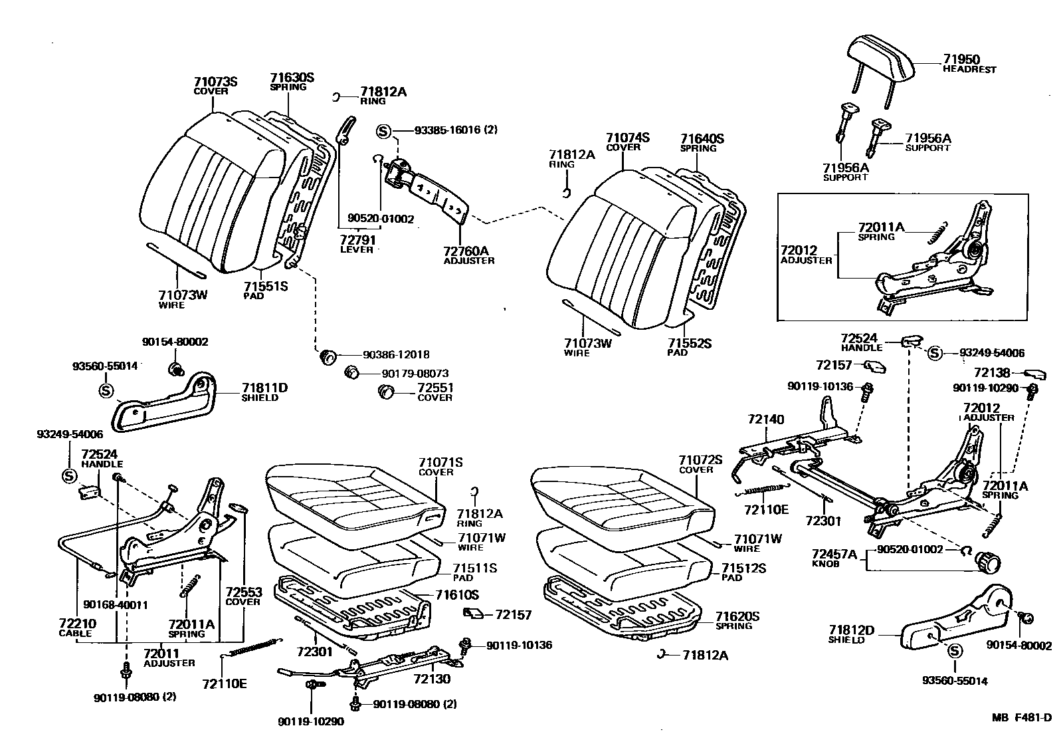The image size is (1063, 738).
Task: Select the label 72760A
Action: click(466, 251)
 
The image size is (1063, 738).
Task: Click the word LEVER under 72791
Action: click(357, 249)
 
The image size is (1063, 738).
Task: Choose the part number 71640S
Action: click(702, 139)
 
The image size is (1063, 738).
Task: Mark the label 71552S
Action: click(690, 343)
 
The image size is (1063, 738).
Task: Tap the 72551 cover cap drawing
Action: click(386, 392)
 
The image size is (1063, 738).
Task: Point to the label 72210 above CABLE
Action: click(77, 624)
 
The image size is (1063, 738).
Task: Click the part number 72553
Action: click(243, 592)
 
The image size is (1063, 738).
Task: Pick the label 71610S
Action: click(457, 594)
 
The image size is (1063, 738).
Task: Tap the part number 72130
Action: click(433, 679)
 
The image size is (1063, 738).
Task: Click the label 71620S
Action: click(737, 616)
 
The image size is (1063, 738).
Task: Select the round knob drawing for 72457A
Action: click(987, 562)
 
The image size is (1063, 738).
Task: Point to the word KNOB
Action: click(826, 563)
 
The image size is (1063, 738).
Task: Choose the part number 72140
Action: click(766, 420)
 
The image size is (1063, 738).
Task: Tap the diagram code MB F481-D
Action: click(1022, 717)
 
